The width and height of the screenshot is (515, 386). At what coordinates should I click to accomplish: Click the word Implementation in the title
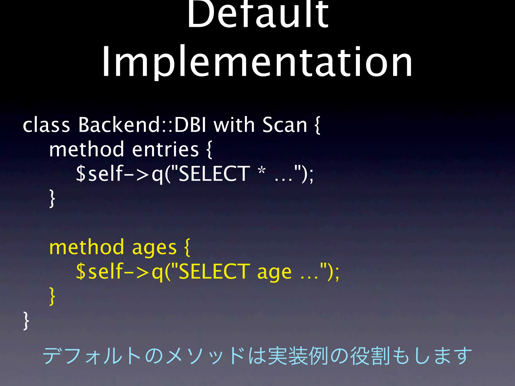tap(257, 62)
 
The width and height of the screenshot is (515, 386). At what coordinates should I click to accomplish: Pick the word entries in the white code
tap(165, 149)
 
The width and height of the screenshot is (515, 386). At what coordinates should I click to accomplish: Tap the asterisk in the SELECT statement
tap(262, 171)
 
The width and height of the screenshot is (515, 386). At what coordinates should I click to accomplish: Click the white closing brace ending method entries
tap(52, 199)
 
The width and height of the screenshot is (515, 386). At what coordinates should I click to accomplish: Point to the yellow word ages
tap(154, 248)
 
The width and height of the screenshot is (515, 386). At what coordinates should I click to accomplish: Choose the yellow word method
tap(87, 247)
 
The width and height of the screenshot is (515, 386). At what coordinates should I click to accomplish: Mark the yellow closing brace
tap(52, 296)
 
